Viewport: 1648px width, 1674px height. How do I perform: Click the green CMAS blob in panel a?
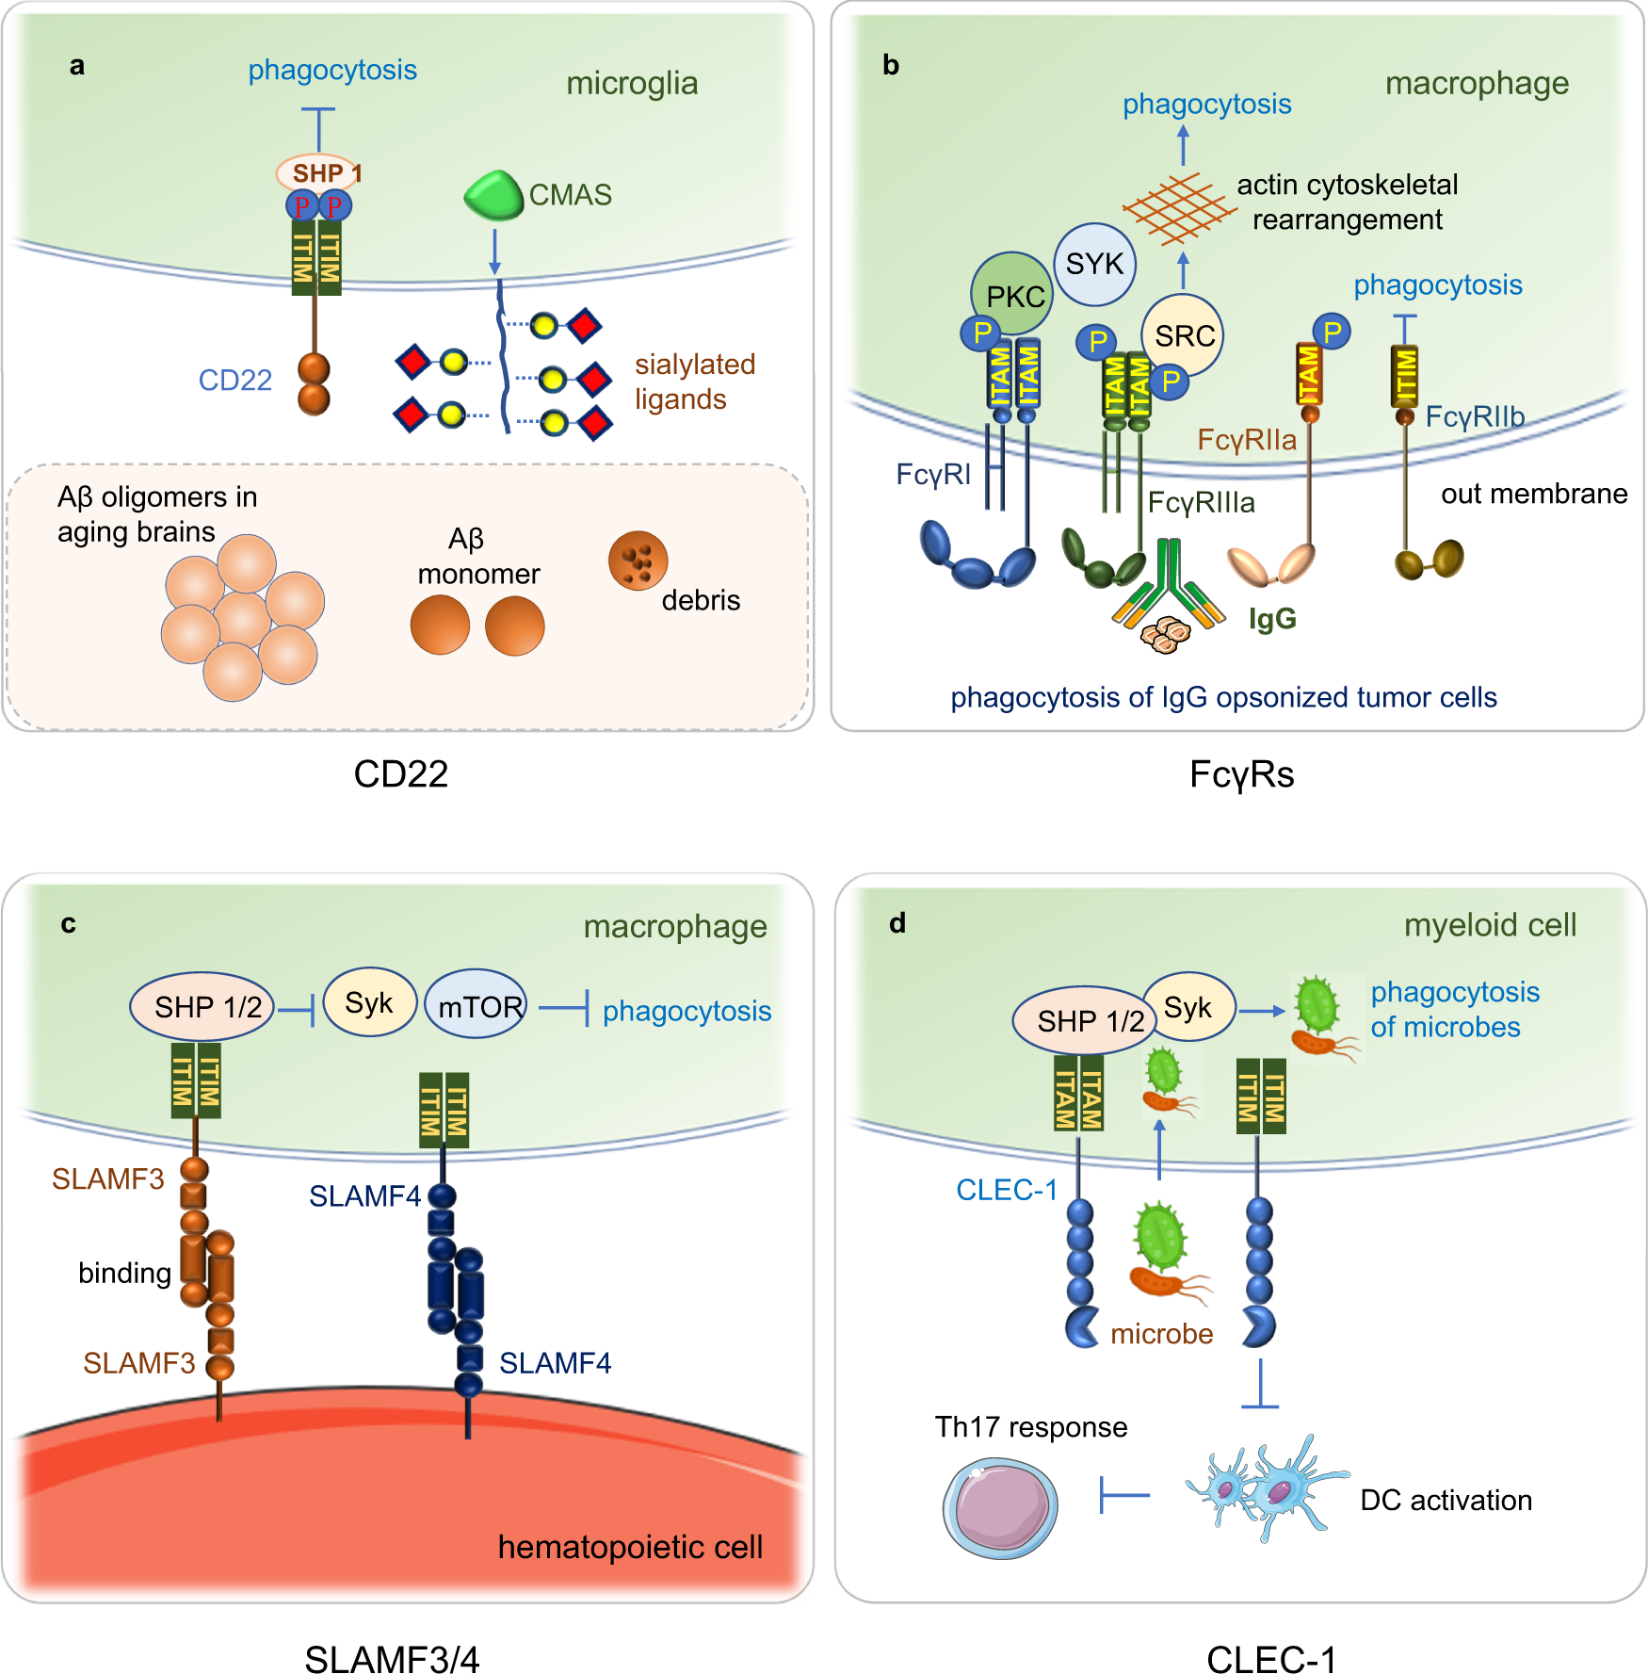click(x=493, y=195)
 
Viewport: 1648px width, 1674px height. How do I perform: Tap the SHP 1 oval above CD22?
click(x=317, y=173)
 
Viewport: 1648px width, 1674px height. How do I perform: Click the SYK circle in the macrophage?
click(x=1094, y=264)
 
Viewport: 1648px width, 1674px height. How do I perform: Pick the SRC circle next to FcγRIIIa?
click(x=1183, y=335)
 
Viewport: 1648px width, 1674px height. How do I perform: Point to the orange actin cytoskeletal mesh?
click(x=1178, y=208)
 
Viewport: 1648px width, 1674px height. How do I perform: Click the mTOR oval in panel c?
click(x=477, y=1006)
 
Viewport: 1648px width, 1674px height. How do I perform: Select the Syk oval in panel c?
click(x=369, y=1003)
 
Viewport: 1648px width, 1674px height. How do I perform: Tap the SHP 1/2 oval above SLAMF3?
click(x=202, y=1007)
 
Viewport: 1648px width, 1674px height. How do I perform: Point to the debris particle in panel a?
click(x=638, y=561)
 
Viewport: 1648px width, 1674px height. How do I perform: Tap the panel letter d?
click(x=897, y=923)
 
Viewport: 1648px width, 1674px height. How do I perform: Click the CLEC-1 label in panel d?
click(x=1006, y=1190)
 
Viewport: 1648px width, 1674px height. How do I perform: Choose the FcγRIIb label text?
click(x=1474, y=416)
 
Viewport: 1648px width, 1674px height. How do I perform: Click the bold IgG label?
click(x=1272, y=619)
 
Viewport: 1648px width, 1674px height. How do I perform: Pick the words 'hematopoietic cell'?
click(x=630, y=1547)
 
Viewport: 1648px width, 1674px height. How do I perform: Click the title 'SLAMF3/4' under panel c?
click(x=392, y=1659)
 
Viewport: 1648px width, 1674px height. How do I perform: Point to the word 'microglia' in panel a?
click(x=632, y=84)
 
